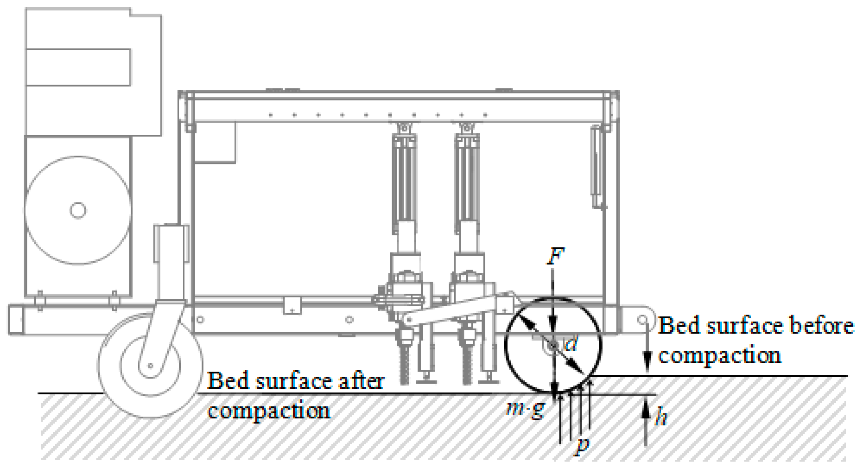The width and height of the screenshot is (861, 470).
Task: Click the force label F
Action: point(556,257)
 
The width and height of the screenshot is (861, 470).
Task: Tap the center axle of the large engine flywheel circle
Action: point(78,210)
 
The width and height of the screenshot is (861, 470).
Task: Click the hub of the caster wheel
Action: point(151,365)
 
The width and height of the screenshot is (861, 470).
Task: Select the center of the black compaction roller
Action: point(553,345)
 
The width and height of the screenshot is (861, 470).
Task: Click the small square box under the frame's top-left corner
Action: point(215,143)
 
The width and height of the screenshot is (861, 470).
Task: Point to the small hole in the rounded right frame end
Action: point(642,320)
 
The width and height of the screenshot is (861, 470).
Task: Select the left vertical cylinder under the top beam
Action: point(404,181)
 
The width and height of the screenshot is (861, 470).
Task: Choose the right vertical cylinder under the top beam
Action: point(467,181)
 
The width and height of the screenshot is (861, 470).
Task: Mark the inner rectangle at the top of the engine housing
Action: point(78,67)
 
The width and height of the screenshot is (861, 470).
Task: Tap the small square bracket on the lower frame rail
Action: point(292,305)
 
